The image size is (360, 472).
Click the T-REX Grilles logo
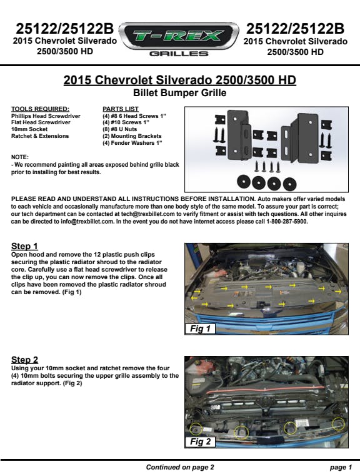pos(179,39)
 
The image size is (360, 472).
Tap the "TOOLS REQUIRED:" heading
pos(40,109)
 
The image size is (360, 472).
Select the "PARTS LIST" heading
pos(121,109)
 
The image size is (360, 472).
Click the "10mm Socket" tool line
pos(29,129)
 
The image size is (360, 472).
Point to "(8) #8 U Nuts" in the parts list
pos(119,129)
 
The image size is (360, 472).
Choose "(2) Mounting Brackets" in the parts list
pos(132,136)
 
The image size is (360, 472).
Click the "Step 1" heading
pos(24,246)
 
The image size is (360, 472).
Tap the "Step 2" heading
pos(25,360)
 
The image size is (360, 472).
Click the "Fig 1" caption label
pos(200,328)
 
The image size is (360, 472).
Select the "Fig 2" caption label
pos(200,441)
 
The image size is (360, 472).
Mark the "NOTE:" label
pos(20,157)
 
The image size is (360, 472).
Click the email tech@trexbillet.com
pos(148,214)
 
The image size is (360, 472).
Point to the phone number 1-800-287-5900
pos(287,222)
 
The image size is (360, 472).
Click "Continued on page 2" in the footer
pos(180,467)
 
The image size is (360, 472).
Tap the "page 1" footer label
pos(341,467)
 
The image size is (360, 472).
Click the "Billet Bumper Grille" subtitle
pos(179,92)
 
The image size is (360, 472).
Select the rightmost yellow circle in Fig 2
pos(338,424)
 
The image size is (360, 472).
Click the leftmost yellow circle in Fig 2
pos(196,429)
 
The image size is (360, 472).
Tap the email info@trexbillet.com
pos(87,222)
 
